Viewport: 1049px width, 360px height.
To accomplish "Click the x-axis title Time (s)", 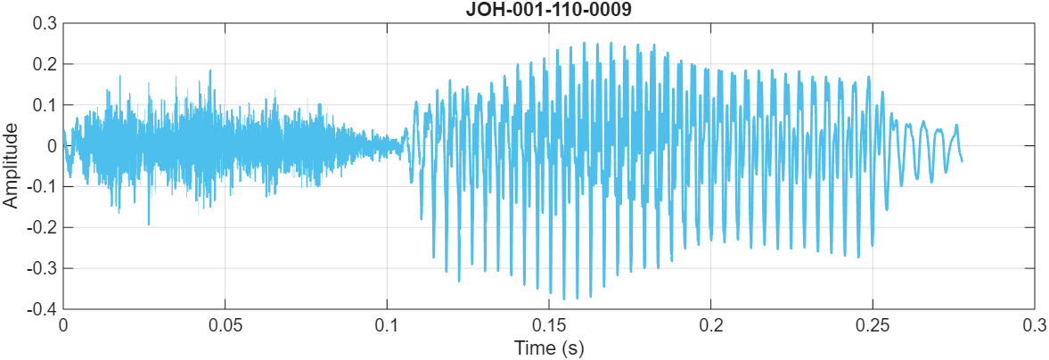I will tap(548, 348).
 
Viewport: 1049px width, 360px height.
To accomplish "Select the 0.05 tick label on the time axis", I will tap(225, 323).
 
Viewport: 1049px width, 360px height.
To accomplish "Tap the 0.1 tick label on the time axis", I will tap(387, 323).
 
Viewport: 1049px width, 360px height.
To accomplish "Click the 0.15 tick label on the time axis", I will tap(549, 323).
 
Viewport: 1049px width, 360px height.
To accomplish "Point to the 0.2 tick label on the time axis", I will tap(710, 323).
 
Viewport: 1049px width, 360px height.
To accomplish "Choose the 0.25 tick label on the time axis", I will tap(873, 323).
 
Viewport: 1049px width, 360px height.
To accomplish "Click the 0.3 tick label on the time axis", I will tap(1034, 323).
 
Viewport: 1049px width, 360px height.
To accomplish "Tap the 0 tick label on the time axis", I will tap(63, 323).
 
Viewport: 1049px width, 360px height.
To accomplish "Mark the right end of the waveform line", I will tap(962, 160).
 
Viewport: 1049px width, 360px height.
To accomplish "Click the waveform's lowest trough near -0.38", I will tap(564, 299).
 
